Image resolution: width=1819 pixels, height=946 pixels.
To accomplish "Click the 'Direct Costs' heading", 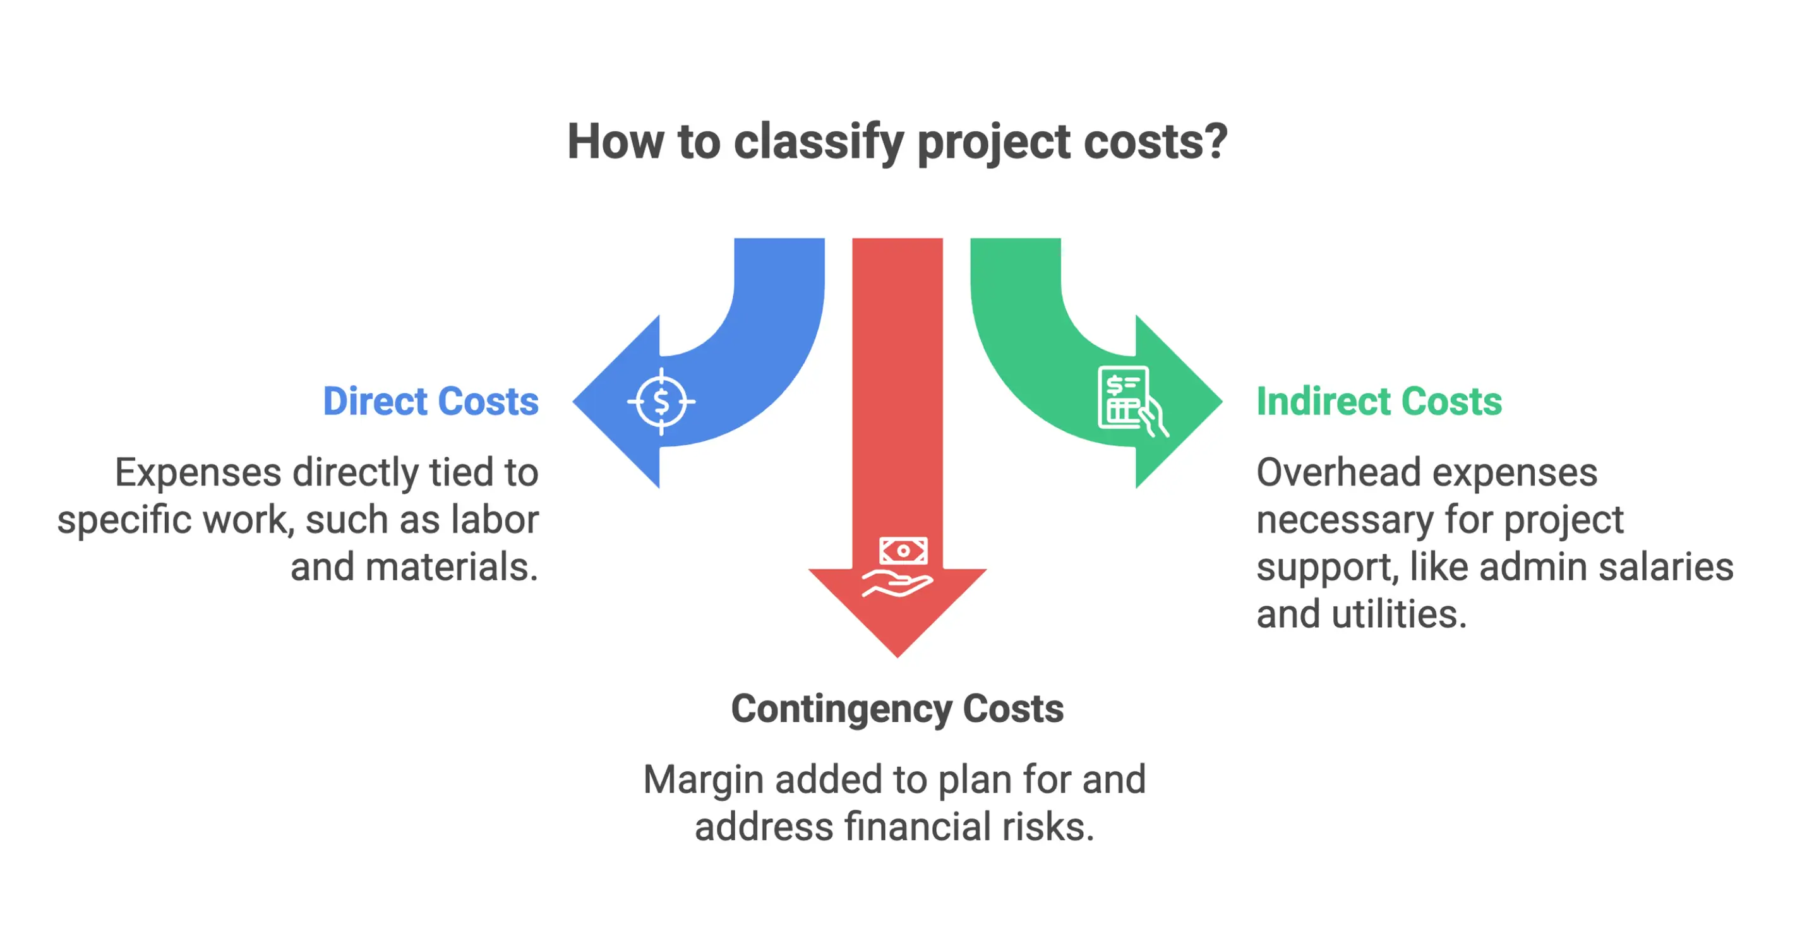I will point(431,402).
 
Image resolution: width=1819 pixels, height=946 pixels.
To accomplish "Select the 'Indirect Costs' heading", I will point(1378,402).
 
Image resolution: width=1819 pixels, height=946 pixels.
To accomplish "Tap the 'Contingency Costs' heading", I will point(897,709).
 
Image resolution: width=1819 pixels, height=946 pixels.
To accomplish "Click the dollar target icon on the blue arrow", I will point(661,402).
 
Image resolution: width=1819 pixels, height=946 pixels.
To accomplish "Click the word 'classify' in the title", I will point(819,142).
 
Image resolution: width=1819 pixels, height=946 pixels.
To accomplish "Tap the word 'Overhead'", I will point(1338,472).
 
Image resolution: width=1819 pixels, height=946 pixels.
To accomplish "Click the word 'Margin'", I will point(704,780).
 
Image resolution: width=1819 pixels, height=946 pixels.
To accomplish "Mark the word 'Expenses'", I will point(198,472).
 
